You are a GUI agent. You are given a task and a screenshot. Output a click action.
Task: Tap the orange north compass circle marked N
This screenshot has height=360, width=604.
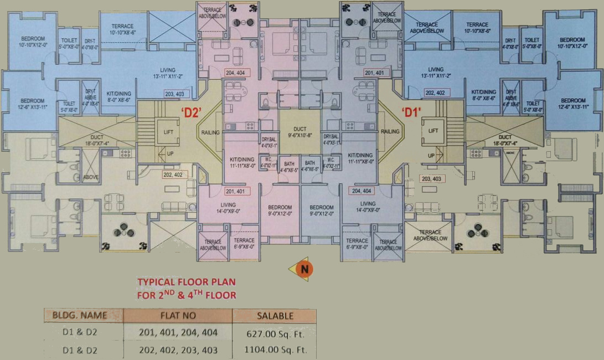coord(303,269)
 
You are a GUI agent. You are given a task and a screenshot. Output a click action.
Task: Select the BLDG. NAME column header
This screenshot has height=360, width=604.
coord(83,316)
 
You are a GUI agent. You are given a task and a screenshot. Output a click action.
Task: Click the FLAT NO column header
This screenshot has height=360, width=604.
coord(177,316)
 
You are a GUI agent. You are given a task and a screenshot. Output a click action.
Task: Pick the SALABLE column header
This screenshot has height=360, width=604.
coord(275,316)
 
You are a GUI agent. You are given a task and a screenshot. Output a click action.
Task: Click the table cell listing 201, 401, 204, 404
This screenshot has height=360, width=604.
coord(177,333)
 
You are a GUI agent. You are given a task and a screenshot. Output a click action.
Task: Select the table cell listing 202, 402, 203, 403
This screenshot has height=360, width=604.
coord(177,350)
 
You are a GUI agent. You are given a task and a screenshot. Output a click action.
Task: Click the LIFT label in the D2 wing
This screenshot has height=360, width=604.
coord(168,132)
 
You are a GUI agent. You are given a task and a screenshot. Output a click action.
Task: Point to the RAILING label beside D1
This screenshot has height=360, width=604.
coord(390,132)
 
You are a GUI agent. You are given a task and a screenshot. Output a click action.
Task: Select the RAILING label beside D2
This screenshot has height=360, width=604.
coord(210,132)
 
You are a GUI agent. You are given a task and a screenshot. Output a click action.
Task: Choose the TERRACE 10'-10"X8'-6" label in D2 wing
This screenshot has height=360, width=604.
coord(122,29)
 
